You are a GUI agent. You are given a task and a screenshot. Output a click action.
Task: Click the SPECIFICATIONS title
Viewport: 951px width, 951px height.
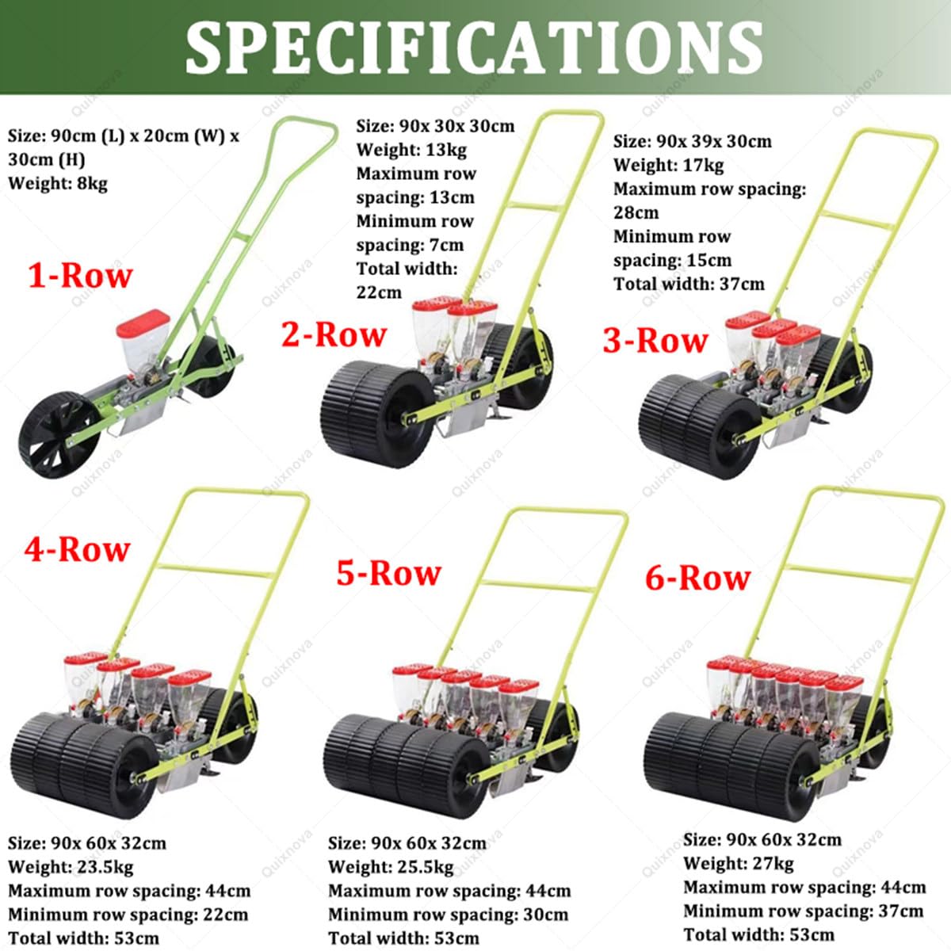pyautogui.click(x=474, y=48)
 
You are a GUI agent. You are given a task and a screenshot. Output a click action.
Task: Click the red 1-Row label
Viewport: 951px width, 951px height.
pyautogui.click(x=81, y=275)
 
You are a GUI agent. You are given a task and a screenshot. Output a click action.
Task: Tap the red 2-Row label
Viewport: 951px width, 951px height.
pyautogui.click(x=334, y=335)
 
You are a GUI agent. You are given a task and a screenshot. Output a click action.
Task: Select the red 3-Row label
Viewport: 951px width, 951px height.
pyautogui.click(x=655, y=341)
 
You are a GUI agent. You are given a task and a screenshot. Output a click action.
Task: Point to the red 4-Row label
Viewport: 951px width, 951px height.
pyautogui.click(x=78, y=549)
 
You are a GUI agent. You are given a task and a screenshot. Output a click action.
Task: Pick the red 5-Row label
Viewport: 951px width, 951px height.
pyautogui.click(x=389, y=573)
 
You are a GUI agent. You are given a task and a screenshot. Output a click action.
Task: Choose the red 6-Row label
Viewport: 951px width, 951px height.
pyautogui.click(x=698, y=578)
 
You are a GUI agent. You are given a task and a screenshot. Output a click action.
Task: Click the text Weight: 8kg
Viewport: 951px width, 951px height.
pyautogui.click(x=58, y=184)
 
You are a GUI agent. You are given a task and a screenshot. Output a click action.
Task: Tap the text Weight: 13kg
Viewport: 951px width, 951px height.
pyautogui.click(x=411, y=149)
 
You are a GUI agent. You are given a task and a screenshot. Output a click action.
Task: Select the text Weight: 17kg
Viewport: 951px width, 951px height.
pyautogui.click(x=669, y=165)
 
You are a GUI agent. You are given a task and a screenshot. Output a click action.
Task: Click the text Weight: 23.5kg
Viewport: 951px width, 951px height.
pyautogui.click(x=71, y=867)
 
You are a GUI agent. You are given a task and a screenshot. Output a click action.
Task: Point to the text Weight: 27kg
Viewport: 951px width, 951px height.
pyautogui.click(x=739, y=863)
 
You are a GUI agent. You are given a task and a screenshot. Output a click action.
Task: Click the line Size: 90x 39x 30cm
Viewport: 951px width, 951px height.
pyautogui.click(x=693, y=141)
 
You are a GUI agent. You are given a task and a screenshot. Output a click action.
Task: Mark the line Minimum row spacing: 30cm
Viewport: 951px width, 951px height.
pyautogui.click(x=448, y=914)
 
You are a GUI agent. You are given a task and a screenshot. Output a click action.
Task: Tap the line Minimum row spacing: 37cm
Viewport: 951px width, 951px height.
pyautogui.click(x=804, y=911)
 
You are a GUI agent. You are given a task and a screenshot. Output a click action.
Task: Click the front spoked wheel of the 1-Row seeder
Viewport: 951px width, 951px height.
pyautogui.click(x=59, y=434)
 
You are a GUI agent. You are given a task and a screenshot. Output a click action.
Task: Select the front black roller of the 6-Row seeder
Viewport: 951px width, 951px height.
pyautogui.click(x=731, y=766)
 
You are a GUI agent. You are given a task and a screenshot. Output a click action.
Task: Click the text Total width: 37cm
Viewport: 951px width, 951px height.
pyautogui.click(x=689, y=284)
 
